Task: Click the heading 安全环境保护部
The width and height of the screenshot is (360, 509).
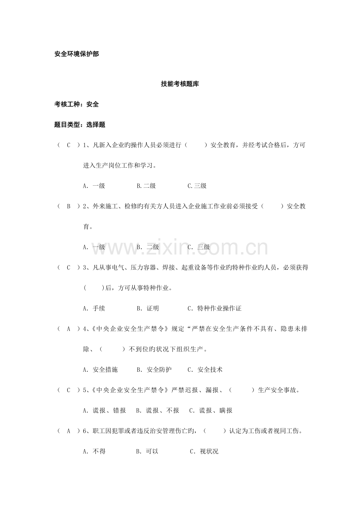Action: click(77, 54)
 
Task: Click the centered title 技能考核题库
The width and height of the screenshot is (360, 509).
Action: click(180, 84)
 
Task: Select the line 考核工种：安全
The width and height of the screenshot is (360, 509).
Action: click(77, 104)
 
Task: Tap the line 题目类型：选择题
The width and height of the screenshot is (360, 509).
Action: click(80, 125)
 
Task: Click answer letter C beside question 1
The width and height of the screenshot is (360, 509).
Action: click(68, 145)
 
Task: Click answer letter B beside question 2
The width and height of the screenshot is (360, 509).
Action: click(68, 206)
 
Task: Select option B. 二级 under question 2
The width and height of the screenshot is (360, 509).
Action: click(148, 247)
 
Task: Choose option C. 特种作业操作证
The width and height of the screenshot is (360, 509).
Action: click(214, 308)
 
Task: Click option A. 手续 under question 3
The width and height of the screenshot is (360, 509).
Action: click(94, 308)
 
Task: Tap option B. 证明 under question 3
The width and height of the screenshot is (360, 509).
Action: click(148, 308)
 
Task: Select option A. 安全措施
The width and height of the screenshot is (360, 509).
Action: click(100, 369)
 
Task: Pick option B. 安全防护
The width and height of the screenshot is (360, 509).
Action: click(154, 369)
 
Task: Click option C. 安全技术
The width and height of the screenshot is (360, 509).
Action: click(205, 369)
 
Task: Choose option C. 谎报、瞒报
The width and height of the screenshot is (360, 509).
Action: click(211, 410)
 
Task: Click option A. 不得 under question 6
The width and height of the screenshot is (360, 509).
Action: click(94, 452)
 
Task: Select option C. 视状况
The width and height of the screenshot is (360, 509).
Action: click(204, 452)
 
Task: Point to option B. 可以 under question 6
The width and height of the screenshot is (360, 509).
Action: click(147, 452)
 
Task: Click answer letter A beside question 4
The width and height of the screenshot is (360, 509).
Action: click(68, 329)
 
